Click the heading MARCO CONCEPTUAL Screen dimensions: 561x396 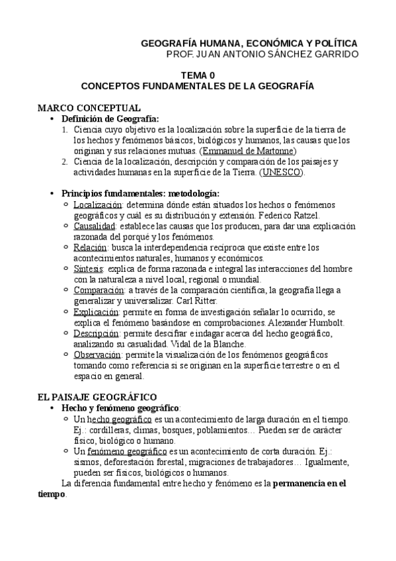pyautogui.click(x=89, y=108)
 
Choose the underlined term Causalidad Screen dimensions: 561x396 pyautogui.click(x=97, y=226)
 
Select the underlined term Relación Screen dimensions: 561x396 pyautogui.click(x=92, y=247)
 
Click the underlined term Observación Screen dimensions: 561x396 pyautogui.click(x=100, y=355)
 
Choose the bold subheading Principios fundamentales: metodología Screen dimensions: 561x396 pyautogui.click(x=140, y=194)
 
